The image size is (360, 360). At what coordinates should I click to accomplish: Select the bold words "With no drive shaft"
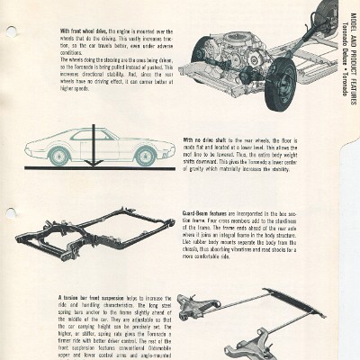(x=202, y=140)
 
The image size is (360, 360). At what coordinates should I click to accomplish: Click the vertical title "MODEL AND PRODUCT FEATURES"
(x=344, y=40)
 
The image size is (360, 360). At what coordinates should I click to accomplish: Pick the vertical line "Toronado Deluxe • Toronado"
(x=351, y=40)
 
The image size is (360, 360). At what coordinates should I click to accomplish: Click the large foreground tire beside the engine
(x=280, y=82)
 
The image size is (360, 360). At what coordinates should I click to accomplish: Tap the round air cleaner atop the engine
(x=240, y=35)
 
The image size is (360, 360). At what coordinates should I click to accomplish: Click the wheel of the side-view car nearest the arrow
(x=59, y=154)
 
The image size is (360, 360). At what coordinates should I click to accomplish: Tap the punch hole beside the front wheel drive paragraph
(x=11, y=32)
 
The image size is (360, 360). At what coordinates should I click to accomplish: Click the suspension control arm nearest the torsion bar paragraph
(x=198, y=309)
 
